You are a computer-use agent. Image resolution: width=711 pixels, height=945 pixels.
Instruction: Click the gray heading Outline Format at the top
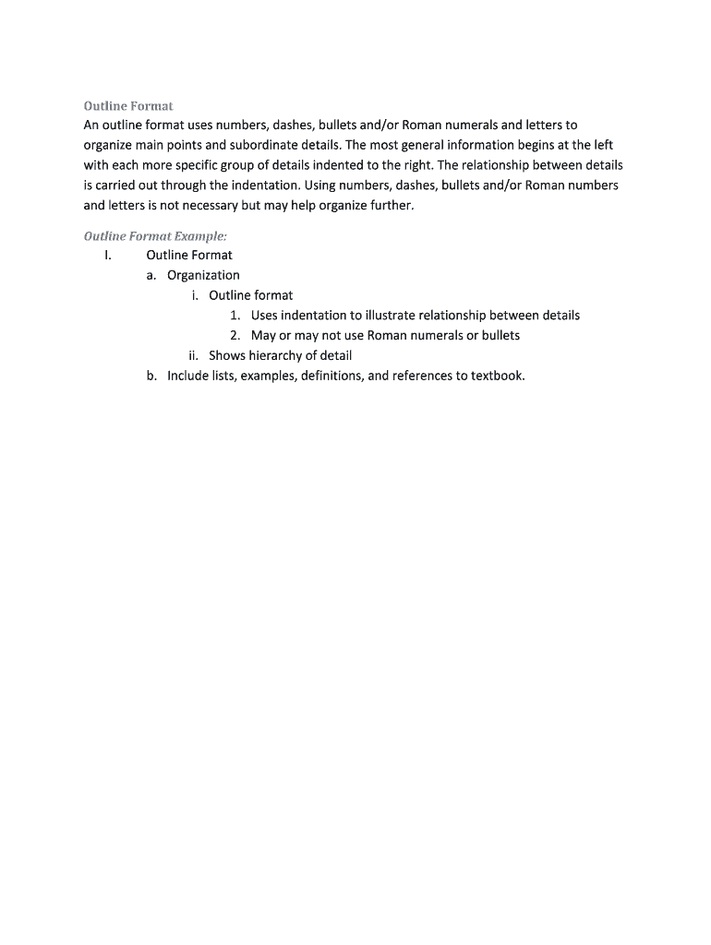[x=128, y=106]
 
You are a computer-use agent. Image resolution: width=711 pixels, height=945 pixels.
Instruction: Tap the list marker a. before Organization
[x=151, y=275]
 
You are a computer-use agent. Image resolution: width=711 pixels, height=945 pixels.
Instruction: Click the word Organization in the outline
[x=203, y=275]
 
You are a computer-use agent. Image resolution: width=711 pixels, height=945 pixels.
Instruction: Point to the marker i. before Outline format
[x=195, y=295]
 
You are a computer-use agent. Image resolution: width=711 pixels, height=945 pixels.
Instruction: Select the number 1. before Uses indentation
[x=236, y=316]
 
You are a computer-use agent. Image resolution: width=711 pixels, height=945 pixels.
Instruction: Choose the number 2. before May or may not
[x=236, y=335]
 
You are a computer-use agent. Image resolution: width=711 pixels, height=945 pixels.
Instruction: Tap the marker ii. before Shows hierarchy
[x=193, y=355]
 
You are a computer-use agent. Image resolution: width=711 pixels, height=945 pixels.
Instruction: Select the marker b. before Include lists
[x=151, y=376]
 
